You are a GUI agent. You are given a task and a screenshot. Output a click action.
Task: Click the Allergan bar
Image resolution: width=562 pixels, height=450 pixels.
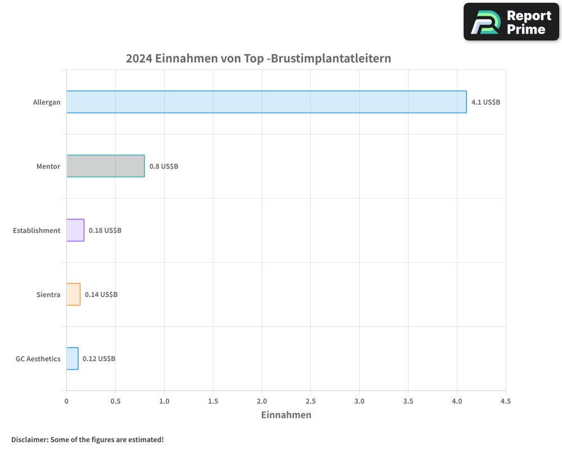(266, 102)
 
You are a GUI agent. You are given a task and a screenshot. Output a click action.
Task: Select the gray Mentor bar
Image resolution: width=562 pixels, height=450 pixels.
(106, 166)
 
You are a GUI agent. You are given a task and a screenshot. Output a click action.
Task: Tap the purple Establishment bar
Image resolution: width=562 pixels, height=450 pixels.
(75, 230)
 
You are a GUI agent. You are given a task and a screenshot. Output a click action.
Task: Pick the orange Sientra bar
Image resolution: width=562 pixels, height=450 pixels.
(74, 294)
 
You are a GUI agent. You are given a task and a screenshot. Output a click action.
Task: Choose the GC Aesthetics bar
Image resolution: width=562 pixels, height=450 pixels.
(72, 358)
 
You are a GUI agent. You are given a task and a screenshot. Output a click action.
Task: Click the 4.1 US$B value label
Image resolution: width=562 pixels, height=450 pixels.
(486, 102)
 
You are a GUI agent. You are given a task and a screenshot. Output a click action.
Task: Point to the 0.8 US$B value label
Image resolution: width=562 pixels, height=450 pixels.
(164, 166)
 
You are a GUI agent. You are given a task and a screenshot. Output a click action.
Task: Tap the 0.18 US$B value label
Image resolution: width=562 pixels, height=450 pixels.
(105, 231)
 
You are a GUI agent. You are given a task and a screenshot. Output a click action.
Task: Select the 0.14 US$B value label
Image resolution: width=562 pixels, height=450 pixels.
(101, 295)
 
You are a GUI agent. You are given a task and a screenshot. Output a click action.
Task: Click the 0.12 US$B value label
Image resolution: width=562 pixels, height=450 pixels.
(99, 359)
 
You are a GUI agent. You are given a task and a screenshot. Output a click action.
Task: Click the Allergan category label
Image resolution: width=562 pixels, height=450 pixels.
(47, 102)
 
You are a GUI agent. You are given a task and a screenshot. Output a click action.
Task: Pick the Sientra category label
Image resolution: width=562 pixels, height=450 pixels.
(48, 295)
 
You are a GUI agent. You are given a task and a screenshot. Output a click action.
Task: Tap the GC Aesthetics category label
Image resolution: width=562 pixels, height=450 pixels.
(38, 359)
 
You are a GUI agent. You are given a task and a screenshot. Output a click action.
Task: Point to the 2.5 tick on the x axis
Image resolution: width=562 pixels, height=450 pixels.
(311, 401)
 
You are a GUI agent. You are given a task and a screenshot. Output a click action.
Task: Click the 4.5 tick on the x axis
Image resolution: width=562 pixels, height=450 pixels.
(506, 401)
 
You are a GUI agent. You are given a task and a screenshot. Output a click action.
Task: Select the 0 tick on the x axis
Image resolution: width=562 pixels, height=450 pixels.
(66, 401)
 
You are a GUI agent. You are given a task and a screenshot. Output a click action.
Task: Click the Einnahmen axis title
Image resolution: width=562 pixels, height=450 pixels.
(286, 415)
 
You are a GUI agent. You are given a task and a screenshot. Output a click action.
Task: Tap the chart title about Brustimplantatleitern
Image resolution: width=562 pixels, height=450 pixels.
(259, 58)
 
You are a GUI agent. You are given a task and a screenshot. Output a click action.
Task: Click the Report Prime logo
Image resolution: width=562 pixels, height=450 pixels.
(511, 22)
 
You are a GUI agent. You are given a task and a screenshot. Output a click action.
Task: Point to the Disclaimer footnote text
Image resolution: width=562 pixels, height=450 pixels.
(88, 439)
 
